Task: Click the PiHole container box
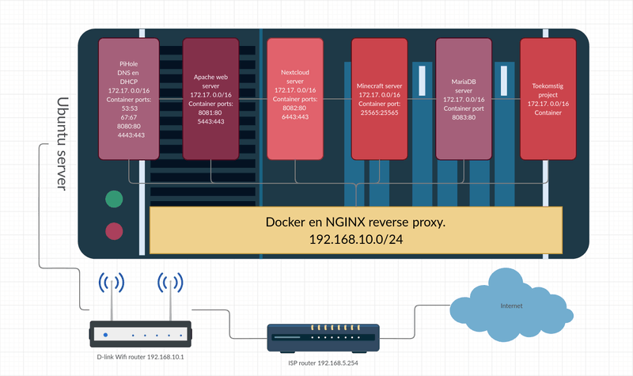[127, 95]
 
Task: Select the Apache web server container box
[210, 99]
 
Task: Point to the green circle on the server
[115, 199]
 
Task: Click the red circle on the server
[115, 231]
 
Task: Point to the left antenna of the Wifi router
[110, 297]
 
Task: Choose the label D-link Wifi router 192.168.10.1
[138, 358]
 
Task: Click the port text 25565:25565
[378, 113]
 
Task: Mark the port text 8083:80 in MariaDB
[464, 119]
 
